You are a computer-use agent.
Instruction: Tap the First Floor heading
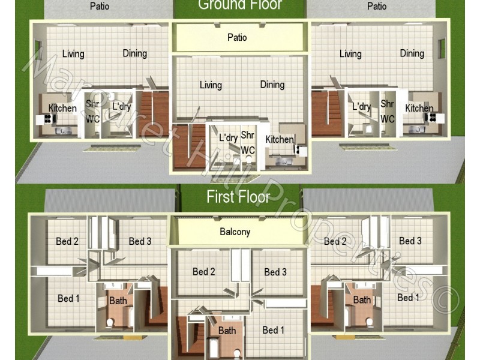pyautogui.click(x=238, y=196)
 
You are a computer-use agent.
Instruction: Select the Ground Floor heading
pyautogui.click(x=240, y=5)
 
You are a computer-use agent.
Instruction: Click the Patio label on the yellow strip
pyautogui.click(x=237, y=37)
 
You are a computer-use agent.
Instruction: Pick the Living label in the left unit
pyautogui.click(x=73, y=53)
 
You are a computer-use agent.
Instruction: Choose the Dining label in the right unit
pyautogui.click(x=412, y=53)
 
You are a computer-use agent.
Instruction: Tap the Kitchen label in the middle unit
pyautogui.click(x=280, y=139)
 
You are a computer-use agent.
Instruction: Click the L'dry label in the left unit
pyautogui.click(x=122, y=107)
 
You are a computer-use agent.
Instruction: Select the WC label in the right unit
pyautogui.click(x=388, y=119)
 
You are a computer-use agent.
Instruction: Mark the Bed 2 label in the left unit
pyautogui.click(x=67, y=241)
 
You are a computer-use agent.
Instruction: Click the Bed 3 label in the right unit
pyautogui.click(x=410, y=241)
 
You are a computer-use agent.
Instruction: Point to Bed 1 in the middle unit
pyautogui.click(x=274, y=330)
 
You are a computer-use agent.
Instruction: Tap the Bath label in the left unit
pyautogui.click(x=118, y=301)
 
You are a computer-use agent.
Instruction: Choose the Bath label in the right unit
pyautogui.click(x=362, y=299)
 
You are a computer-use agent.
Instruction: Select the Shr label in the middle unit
pyautogui.click(x=248, y=135)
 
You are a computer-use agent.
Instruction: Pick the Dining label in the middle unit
pyautogui.click(x=272, y=85)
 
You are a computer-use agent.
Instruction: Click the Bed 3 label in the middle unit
pyautogui.click(x=275, y=272)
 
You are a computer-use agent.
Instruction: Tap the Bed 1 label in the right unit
pyautogui.click(x=408, y=298)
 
